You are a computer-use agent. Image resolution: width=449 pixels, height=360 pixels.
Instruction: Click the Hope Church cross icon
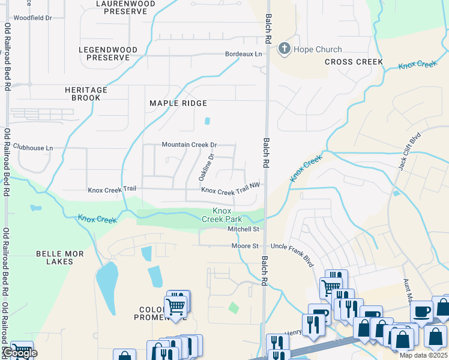[x=284, y=49]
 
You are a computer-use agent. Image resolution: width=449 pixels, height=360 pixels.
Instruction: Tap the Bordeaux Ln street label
[x=243, y=54]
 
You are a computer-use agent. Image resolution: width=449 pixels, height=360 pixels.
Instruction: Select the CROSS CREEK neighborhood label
[x=354, y=62]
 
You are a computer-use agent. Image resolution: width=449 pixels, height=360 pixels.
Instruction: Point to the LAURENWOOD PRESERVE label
[x=125, y=7]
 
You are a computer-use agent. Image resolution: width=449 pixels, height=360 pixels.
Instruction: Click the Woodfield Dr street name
[x=32, y=18]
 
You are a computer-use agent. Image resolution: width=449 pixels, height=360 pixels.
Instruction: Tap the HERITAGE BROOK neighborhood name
[x=86, y=94]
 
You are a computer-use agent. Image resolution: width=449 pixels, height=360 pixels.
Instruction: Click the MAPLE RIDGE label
[x=178, y=103]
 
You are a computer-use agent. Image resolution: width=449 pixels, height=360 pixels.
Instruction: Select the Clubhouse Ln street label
[x=33, y=148]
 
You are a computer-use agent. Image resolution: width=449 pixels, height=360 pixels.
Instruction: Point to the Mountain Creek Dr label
[x=189, y=145]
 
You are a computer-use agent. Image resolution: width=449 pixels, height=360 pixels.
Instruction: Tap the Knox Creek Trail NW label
[x=231, y=190]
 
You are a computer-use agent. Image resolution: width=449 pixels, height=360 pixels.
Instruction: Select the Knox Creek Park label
[x=221, y=215]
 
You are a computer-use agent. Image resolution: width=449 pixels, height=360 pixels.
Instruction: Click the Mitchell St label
[x=243, y=229]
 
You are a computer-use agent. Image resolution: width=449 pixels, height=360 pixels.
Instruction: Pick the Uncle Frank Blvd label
[x=292, y=246]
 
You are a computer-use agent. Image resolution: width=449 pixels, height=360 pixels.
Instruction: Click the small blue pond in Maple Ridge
[x=207, y=121]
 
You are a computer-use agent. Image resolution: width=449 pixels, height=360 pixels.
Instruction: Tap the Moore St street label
[x=245, y=246]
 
